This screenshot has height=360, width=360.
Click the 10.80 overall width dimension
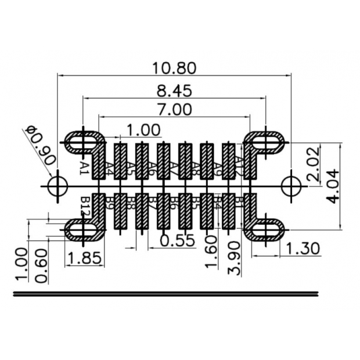coord(174,68)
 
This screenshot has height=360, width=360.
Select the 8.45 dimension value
coord(174,91)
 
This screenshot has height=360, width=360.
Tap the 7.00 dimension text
coord(174,109)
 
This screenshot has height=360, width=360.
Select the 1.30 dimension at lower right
coord(303,249)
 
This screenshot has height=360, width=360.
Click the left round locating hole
coord(58,186)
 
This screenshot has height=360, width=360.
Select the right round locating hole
coord(290,186)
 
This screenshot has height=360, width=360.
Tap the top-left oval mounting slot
coord(84,142)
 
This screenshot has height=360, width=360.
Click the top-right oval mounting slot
coord(266,142)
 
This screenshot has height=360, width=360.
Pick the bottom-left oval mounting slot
coord(84,231)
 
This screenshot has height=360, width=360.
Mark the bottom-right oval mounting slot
coord(266,231)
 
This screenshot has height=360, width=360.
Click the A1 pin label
coord(84,169)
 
